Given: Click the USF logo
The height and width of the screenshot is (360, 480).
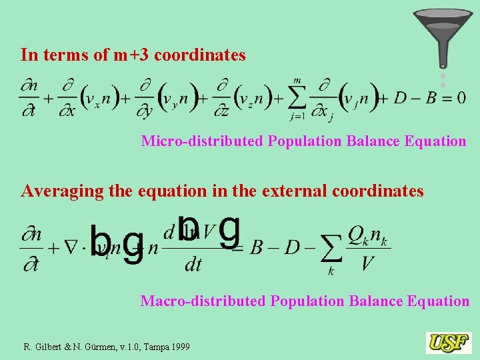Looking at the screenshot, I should pos(449,343).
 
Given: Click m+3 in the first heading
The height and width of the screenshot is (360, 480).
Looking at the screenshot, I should pos(131,55).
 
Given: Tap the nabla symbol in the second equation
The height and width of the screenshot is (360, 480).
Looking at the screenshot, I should pos(71,248).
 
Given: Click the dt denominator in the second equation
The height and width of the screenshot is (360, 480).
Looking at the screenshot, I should pos(193,265).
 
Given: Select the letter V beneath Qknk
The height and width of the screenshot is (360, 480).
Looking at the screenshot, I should pos(367,265).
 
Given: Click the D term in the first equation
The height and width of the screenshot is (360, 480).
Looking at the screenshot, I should pos(400,97).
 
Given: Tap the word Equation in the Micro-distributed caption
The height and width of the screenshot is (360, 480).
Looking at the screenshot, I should pos(435,141).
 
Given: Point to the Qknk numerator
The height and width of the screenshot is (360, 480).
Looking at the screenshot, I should pos(367,235).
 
